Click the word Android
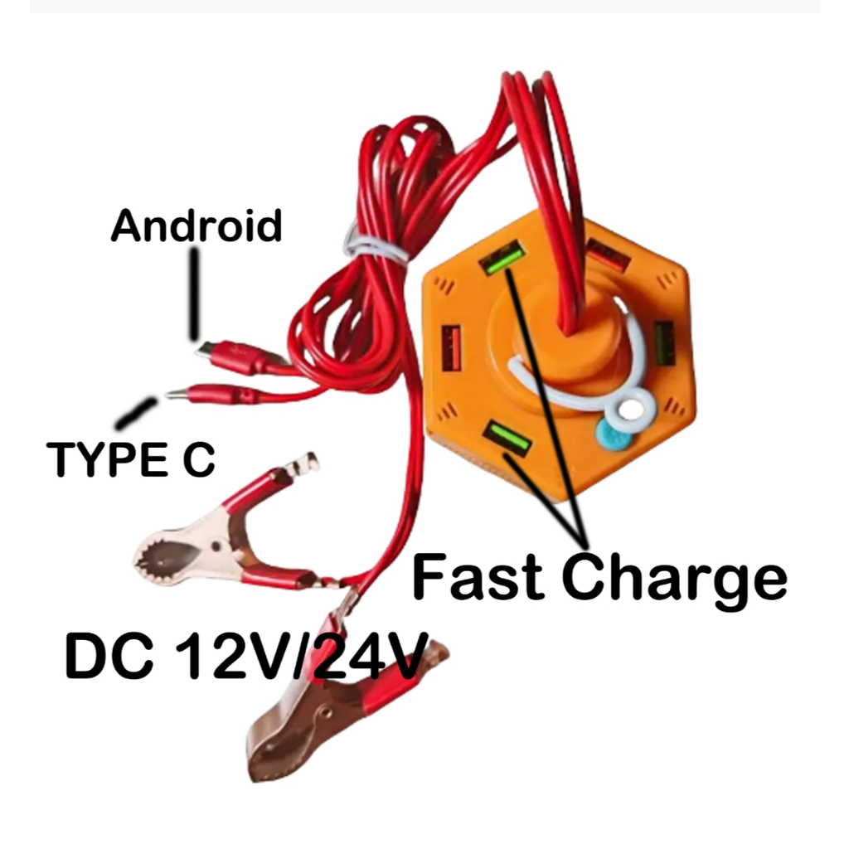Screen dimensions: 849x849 click(196, 226)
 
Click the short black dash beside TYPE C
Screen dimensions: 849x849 click(138, 412)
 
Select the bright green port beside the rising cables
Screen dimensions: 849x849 click(503, 257)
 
